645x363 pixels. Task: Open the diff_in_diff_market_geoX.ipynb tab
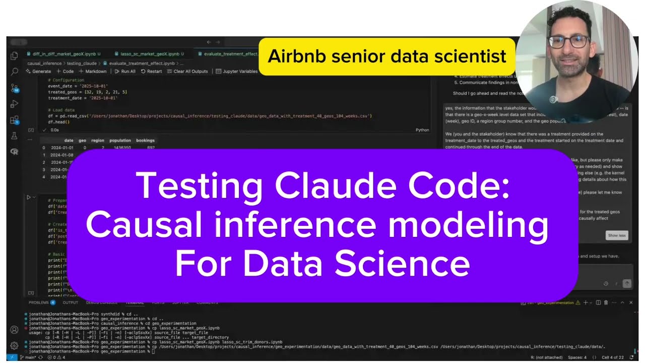(x=63, y=53)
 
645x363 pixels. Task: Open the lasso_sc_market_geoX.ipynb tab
(x=150, y=53)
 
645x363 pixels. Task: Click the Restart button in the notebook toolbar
(x=152, y=72)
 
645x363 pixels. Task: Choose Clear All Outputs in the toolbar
(x=187, y=72)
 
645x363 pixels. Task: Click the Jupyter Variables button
(x=237, y=72)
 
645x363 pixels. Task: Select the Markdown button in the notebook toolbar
(x=93, y=72)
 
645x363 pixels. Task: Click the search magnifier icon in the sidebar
(x=15, y=72)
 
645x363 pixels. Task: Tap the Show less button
(x=617, y=235)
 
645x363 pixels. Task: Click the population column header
(x=120, y=140)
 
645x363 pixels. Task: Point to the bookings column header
(x=145, y=140)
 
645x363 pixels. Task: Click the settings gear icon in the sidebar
(x=14, y=346)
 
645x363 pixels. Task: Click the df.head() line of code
(x=58, y=122)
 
